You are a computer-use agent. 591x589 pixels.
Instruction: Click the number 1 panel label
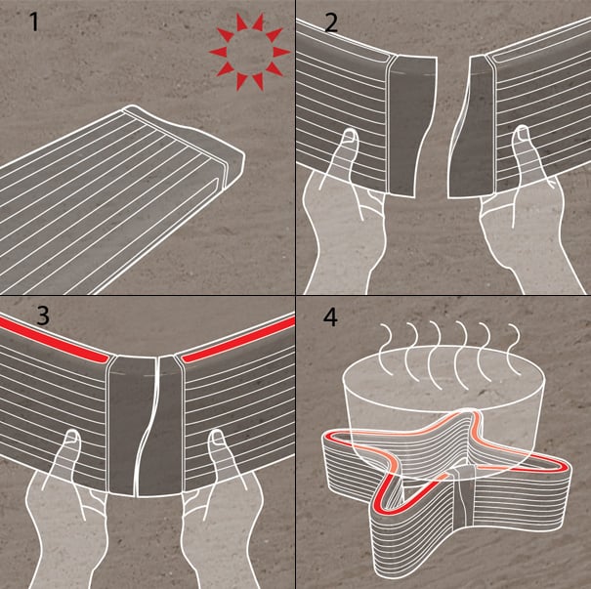coord(34,22)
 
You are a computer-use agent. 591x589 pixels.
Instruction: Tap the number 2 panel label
coord(331,23)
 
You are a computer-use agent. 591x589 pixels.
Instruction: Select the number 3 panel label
coord(43,316)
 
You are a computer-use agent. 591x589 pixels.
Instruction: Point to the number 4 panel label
coord(330,317)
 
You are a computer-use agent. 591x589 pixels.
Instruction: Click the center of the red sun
coord(249,52)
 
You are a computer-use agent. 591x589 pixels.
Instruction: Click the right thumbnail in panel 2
coord(522,133)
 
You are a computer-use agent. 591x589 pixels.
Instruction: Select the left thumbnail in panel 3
coord(71,438)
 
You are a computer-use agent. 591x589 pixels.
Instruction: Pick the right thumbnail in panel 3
coord(218,437)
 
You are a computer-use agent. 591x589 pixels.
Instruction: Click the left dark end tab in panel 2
coord(411,126)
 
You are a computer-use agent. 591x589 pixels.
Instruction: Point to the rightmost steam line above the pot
coord(514,349)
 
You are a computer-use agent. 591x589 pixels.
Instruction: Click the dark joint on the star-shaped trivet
coord(462,498)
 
